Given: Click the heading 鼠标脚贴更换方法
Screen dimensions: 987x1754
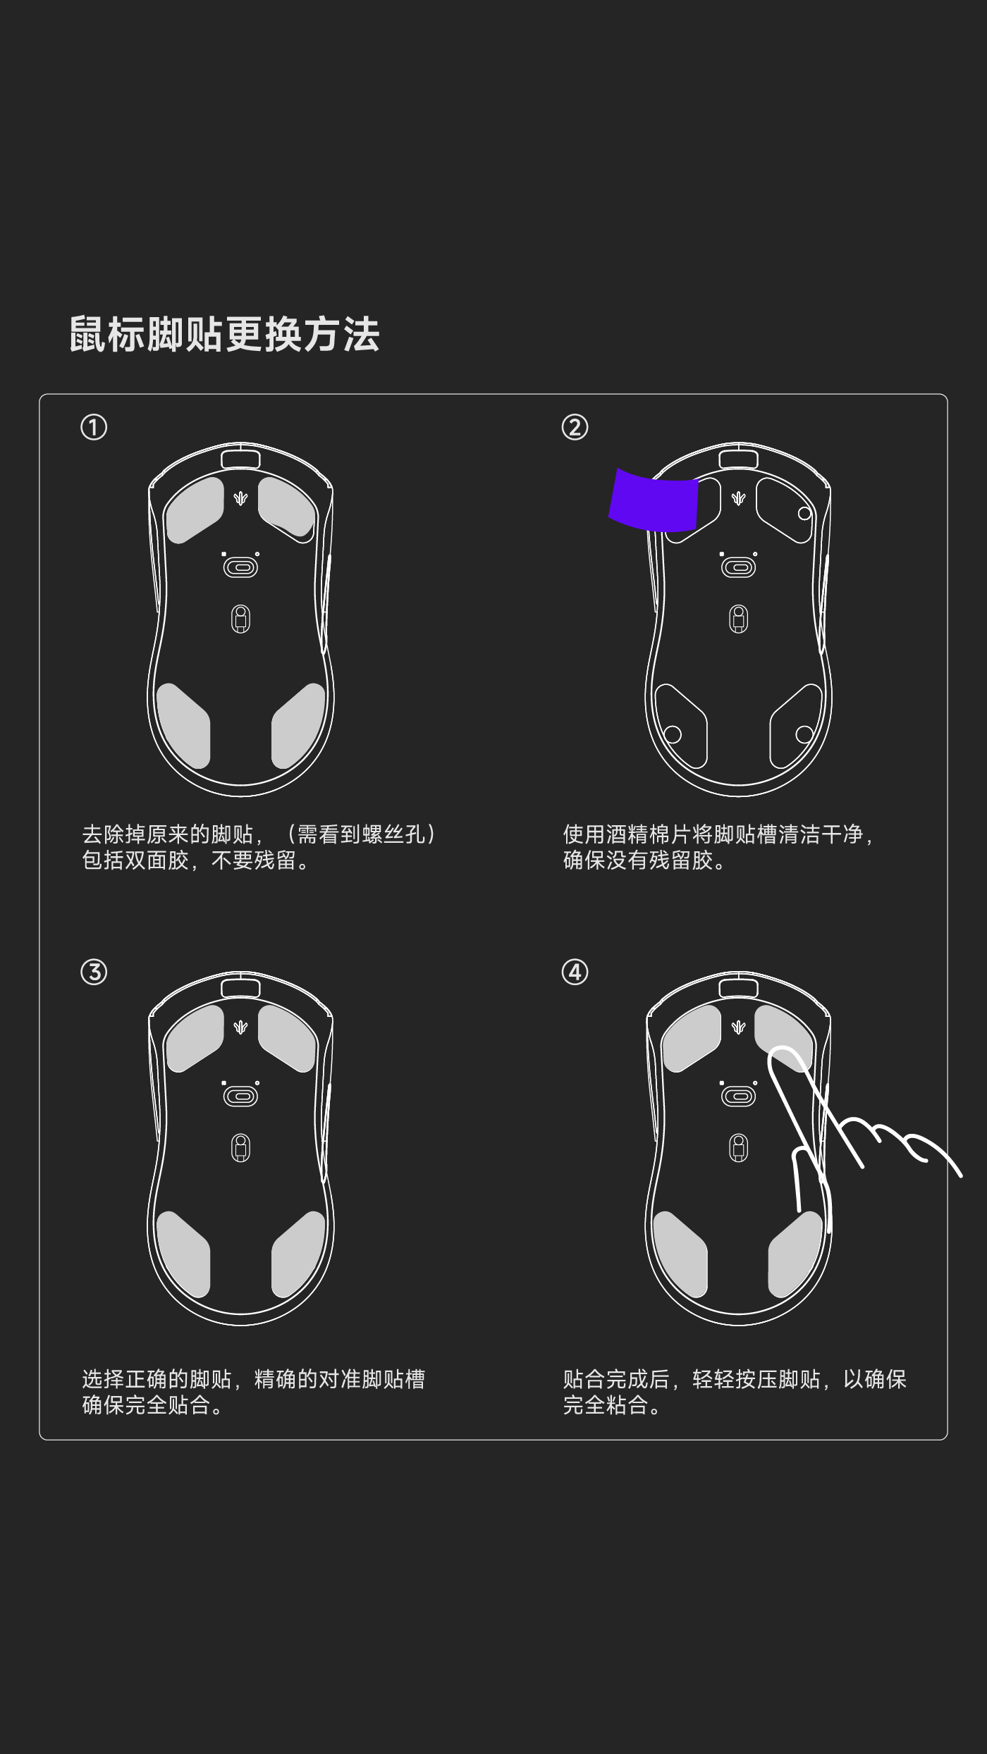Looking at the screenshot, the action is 224,334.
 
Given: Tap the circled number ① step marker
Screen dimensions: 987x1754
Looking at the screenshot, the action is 94,427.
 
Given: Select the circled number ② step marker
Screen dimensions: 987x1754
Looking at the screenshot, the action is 575,427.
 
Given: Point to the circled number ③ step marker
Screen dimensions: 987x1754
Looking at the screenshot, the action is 94,972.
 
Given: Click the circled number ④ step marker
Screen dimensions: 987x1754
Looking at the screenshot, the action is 575,972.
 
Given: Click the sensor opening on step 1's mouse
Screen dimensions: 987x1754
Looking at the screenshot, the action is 240,567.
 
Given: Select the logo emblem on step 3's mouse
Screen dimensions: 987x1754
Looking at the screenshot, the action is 240,1027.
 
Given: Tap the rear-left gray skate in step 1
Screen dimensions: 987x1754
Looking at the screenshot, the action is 183,725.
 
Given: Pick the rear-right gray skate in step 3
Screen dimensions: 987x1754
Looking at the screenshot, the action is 299,1254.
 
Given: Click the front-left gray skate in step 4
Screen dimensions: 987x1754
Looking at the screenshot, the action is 691,1038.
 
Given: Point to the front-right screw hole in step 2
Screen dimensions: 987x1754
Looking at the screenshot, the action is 804,514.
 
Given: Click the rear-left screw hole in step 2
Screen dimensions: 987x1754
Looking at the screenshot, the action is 673,734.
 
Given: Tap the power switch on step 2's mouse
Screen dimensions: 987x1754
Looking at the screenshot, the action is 738,619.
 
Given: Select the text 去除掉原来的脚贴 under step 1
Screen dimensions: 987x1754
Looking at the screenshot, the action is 168,834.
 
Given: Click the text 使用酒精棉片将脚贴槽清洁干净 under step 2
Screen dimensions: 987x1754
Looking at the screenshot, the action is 713,834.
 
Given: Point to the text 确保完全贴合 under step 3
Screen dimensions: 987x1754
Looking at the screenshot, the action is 146,1404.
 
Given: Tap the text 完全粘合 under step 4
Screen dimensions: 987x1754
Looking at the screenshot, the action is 606,1404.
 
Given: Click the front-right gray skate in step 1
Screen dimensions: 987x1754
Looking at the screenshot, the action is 286,507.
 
